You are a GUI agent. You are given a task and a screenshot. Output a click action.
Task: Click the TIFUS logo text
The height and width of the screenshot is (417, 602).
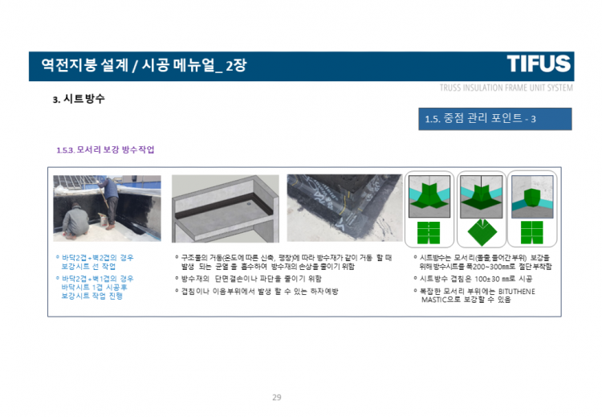539,64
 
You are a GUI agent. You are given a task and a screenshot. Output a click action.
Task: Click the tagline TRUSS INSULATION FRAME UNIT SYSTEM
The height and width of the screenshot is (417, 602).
506,88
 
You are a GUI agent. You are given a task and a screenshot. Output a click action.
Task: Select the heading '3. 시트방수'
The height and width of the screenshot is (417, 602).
79,100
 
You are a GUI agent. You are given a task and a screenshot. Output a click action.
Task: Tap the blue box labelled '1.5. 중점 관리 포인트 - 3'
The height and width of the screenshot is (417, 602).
494,119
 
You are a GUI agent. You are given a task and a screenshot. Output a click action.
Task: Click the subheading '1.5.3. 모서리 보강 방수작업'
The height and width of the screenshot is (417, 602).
105,150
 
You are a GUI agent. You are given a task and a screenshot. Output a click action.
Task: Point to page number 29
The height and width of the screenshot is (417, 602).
277,397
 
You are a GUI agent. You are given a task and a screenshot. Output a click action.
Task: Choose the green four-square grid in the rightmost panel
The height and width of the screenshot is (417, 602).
532,232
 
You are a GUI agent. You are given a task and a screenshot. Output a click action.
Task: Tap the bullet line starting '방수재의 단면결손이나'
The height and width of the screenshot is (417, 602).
251,279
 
